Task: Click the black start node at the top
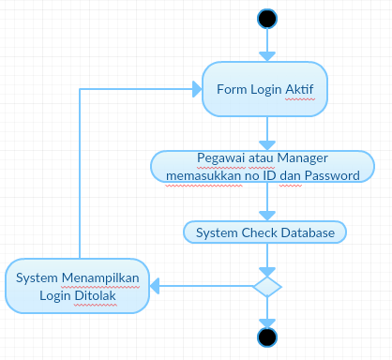[267, 18]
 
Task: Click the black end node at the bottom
[267, 337]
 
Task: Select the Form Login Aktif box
[265, 90]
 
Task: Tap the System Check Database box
[265, 231]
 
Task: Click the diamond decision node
[267, 285]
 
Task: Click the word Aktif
[297, 90]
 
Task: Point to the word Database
[309, 231]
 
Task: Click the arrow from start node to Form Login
[267, 43]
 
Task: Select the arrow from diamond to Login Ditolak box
[202, 285]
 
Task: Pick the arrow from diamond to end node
[267, 311]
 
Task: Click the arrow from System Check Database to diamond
[267, 257]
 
